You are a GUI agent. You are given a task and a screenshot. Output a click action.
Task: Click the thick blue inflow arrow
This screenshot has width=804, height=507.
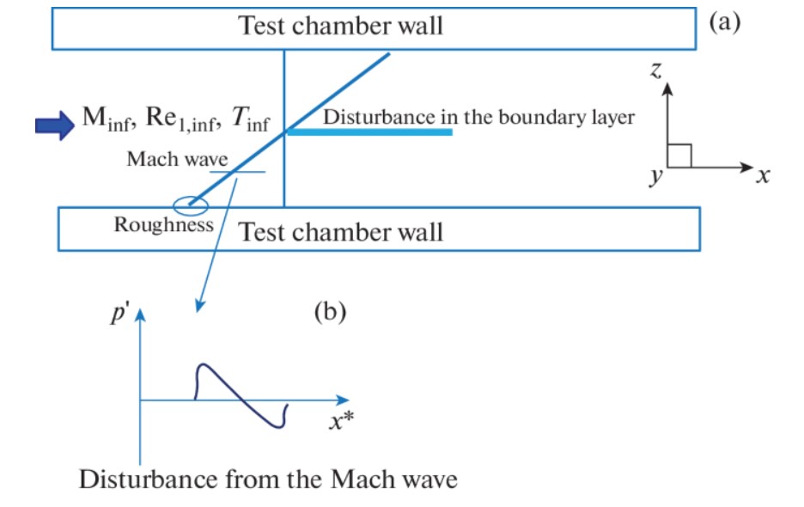53,125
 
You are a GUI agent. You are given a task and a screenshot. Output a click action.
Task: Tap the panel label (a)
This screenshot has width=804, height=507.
723,22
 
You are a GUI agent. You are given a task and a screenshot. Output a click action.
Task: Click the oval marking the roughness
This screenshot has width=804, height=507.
189,205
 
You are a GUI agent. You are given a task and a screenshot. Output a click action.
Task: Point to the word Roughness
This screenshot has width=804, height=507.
163,226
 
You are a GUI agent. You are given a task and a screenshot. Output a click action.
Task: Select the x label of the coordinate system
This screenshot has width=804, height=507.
763,177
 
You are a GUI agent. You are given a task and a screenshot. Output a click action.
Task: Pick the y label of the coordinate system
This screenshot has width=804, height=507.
656,176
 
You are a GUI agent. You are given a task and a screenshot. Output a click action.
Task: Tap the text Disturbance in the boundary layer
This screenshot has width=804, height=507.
478,118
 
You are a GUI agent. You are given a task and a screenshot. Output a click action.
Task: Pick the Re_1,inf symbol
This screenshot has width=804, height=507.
177,121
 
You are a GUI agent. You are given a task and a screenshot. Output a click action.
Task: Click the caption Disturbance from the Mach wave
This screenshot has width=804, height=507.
268,478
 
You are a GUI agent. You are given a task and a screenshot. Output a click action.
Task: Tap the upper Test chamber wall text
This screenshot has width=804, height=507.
340,25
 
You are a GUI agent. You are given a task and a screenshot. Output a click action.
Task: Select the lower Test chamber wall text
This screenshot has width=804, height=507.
340,231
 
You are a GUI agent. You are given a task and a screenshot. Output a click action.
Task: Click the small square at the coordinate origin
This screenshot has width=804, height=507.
679,156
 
